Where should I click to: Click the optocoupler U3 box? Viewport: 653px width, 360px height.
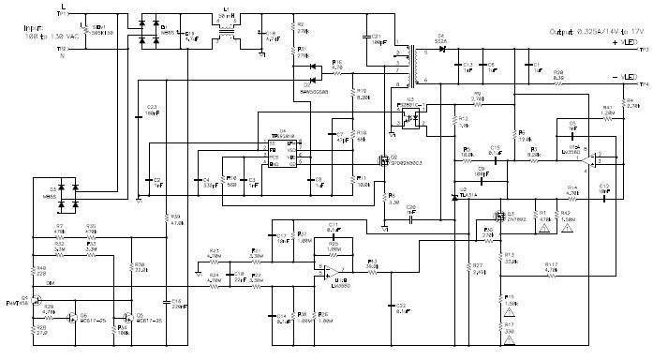[408, 117]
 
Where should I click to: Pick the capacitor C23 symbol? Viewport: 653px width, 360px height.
[140, 111]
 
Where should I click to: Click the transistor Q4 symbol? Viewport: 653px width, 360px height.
[38, 303]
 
